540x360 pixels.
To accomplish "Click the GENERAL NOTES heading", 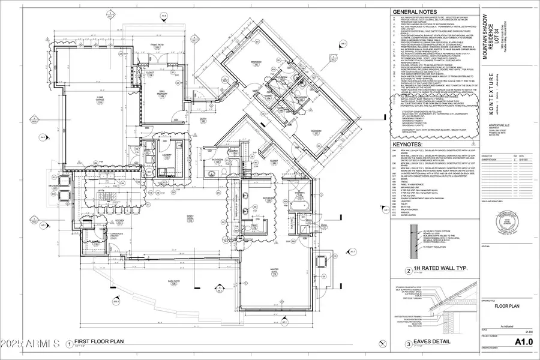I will pyautogui.click(x=414, y=11).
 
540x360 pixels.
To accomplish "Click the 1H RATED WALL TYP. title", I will pyautogui.click(x=436, y=270).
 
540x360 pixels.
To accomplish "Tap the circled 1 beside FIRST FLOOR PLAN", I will pyautogui.click(x=70, y=344).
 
